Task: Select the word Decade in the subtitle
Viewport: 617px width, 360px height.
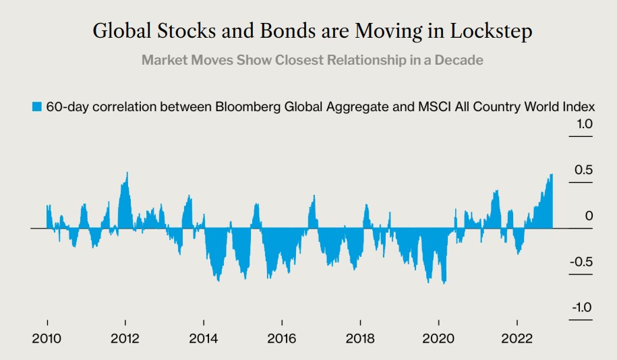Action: coord(460,60)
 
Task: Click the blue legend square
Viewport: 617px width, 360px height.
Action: coord(37,107)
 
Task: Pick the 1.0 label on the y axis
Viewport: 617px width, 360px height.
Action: coord(583,124)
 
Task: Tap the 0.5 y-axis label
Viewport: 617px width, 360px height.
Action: coord(583,170)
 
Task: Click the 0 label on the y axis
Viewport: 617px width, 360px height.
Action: coord(589,216)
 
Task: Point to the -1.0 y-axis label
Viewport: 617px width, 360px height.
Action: coord(581,308)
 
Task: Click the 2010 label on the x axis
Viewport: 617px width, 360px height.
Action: coord(47,339)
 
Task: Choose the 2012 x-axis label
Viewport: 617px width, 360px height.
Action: coord(125,339)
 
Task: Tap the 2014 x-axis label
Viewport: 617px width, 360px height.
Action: coord(204,339)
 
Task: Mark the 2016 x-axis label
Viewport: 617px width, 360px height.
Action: coord(281,339)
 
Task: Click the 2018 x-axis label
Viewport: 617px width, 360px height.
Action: coord(360,339)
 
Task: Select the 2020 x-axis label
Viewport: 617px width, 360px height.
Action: coord(438,339)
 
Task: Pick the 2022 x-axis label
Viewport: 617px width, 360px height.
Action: coord(517,339)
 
